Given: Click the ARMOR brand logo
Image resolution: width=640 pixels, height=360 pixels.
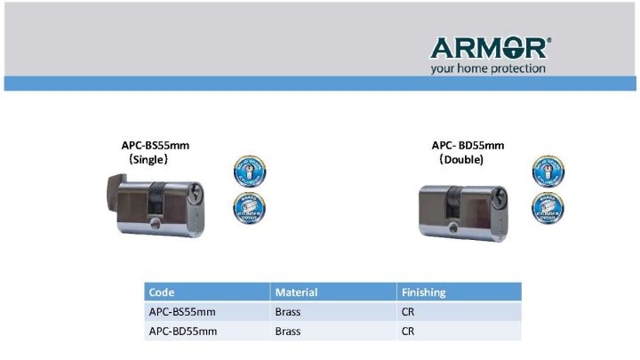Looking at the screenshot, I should [490, 47].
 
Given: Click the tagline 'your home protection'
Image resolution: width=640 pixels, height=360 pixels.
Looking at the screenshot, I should [488, 68].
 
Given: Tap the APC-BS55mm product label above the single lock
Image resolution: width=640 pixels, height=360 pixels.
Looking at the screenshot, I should [156, 145].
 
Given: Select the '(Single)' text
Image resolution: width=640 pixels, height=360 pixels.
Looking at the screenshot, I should [148, 159].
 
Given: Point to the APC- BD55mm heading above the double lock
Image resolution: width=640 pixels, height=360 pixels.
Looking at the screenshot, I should [468, 145].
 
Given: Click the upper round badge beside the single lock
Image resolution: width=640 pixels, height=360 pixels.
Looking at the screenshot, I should [249, 172].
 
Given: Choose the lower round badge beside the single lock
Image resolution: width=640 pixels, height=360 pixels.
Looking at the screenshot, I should [249, 207].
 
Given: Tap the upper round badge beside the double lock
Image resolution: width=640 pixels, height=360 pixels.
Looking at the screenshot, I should [548, 172].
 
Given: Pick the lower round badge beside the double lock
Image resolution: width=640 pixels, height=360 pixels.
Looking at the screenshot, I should [548, 207].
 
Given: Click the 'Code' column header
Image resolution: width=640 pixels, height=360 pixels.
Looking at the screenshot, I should [162, 292].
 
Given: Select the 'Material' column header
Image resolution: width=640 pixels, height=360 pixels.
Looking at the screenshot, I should [296, 292].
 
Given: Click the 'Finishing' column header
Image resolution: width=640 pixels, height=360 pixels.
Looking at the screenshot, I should [424, 292].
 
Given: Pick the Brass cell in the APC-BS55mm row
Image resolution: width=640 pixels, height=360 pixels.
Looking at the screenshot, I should [288, 312].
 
